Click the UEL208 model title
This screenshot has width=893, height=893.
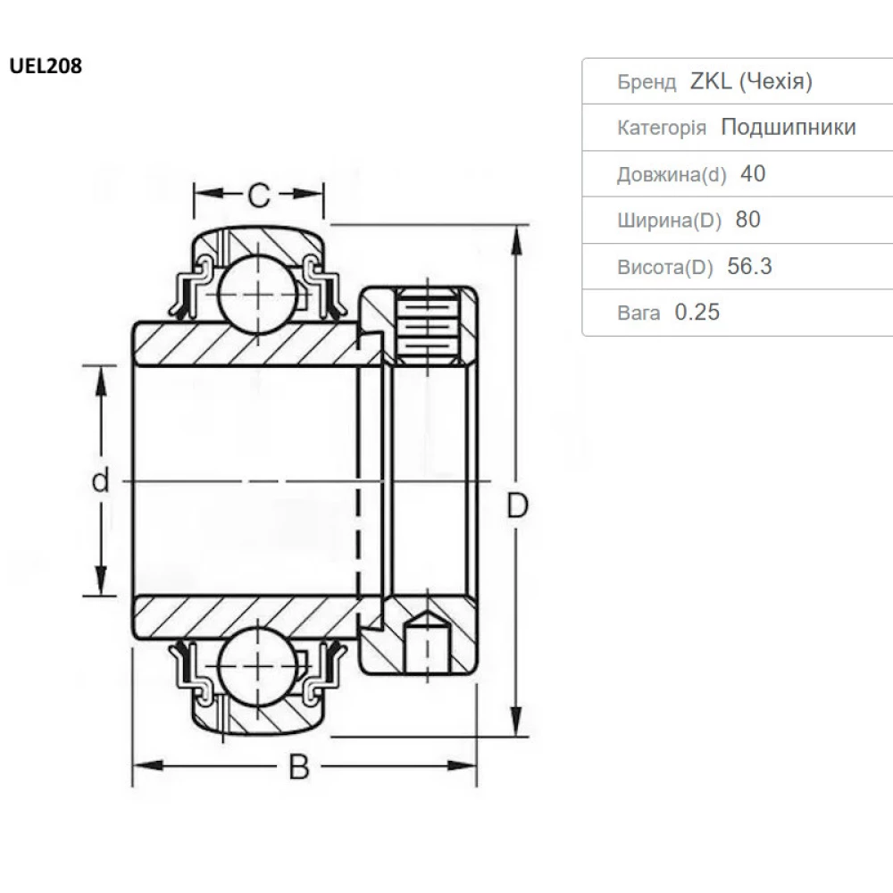click(46, 66)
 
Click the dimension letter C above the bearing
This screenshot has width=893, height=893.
click(258, 194)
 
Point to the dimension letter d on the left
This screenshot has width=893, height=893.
click(100, 481)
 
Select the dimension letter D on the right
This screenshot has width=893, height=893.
click(518, 505)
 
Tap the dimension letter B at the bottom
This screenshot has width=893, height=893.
click(300, 767)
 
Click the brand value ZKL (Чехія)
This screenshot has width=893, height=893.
click(750, 82)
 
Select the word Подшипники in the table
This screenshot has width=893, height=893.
click(788, 128)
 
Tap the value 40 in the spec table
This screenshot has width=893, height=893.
click(753, 173)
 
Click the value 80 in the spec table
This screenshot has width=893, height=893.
click(748, 220)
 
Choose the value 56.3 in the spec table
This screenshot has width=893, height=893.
click(749, 266)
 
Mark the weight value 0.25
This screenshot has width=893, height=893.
click(697, 313)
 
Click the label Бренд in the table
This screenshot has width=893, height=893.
click(647, 83)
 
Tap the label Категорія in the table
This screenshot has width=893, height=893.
click(662, 129)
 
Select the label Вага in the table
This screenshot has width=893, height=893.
click(638, 313)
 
